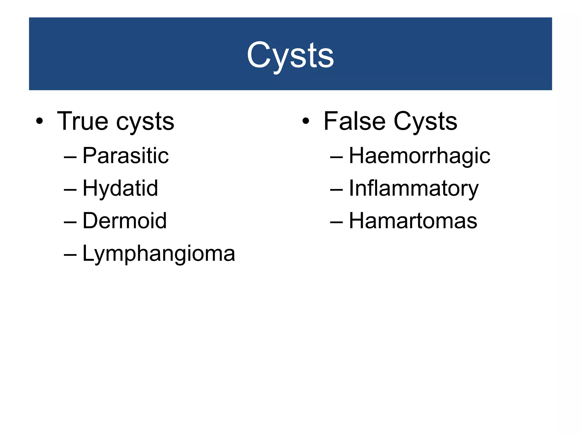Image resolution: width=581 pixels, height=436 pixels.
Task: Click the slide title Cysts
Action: point(290,55)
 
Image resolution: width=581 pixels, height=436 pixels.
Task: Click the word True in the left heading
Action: point(83,121)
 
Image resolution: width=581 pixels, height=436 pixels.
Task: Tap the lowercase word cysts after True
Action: point(145,122)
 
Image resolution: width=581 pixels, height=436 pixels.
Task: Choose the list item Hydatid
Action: point(120,188)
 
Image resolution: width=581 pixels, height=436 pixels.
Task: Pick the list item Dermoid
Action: point(125,221)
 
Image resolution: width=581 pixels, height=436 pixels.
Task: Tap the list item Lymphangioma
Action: point(159,253)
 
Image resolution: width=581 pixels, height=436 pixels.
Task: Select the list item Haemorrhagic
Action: point(419,156)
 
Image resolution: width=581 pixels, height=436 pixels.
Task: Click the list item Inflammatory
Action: point(414,188)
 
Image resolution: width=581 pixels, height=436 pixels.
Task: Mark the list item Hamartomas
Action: point(413,221)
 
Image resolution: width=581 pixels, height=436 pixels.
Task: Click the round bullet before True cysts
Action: point(39,121)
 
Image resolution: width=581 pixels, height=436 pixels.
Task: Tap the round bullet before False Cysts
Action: point(306,121)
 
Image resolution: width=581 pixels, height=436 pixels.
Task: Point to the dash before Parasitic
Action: point(70,157)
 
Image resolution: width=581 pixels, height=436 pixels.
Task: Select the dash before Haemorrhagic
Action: point(336,157)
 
